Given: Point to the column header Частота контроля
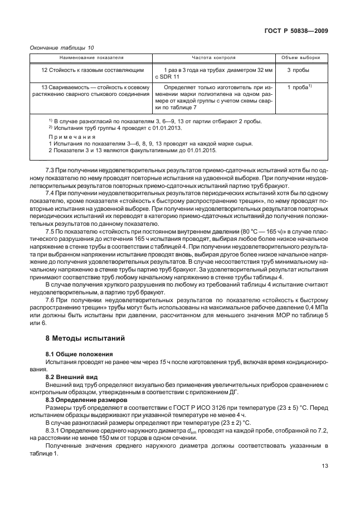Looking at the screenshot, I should click(213, 57).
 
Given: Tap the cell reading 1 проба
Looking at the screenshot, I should click(299, 88).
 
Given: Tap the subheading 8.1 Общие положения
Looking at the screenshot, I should click(79, 354).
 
